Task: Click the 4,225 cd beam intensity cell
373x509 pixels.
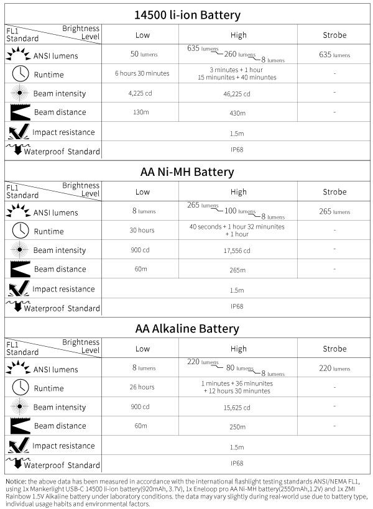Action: pyautogui.click(x=142, y=94)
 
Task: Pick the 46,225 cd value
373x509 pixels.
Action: pyautogui.click(x=238, y=94)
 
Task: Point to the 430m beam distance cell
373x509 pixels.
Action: pyautogui.click(x=238, y=114)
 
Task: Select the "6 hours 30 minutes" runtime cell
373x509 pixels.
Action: pyautogui.click(x=142, y=73)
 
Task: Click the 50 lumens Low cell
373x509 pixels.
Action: pyautogui.click(x=142, y=55)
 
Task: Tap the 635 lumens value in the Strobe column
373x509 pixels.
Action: pyautogui.click(x=334, y=55)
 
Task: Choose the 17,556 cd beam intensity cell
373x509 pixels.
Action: pyautogui.click(x=238, y=251)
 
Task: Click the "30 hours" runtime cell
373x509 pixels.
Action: pyautogui.click(x=142, y=230)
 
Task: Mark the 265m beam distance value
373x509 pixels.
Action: pyautogui.click(x=238, y=270)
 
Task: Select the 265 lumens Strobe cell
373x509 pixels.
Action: pyautogui.click(x=334, y=211)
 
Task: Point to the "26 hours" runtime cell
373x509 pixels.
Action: pyautogui.click(x=142, y=387)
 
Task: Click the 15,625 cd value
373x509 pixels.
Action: pyautogui.click(x=238, y=408)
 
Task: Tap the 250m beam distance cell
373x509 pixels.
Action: pyautogui.click(x=238, y=427)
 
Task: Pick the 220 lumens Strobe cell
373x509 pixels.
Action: pyautogui.click(x=334, y=368)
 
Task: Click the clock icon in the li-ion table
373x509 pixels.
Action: pyautogui.click(x=21, y=73)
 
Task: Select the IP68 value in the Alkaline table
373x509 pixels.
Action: pyautogui.click(x=237, y=463)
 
